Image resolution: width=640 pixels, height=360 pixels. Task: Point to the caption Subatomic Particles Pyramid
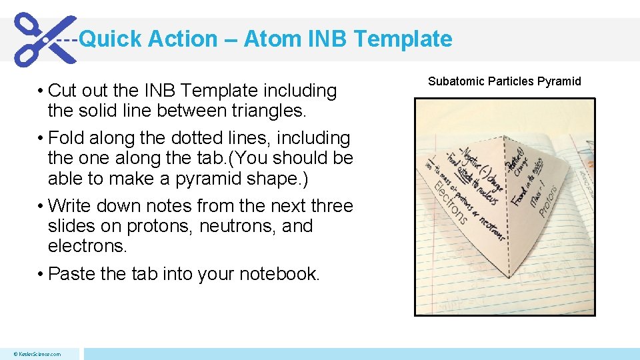(505, 81)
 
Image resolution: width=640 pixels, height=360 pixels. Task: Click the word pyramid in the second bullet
(225, 179)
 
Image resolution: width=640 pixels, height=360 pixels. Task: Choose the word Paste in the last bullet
(72, 273)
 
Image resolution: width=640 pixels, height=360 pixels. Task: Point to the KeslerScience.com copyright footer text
(37, 354)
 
